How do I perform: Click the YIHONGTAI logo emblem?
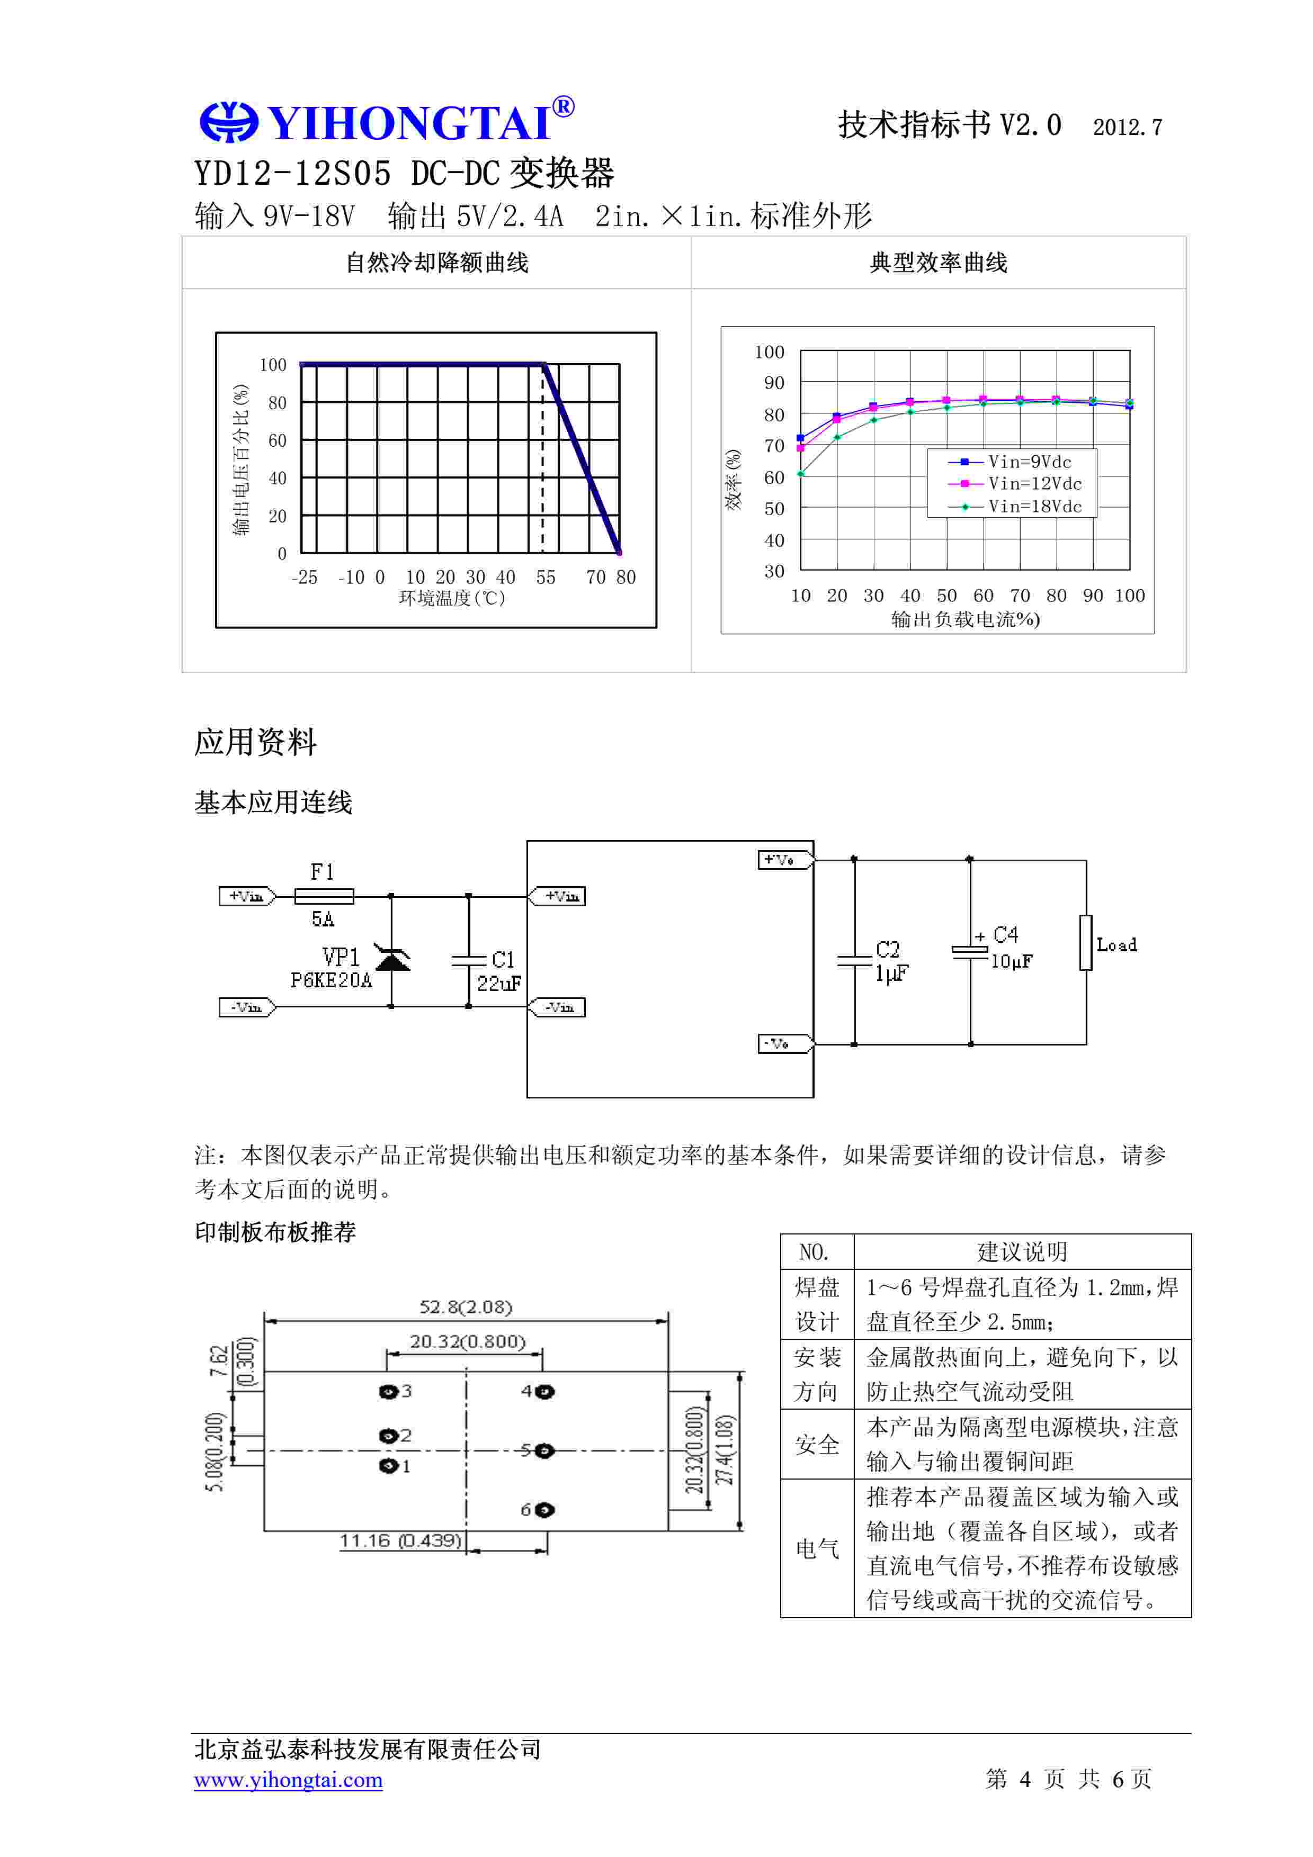pos(228,122)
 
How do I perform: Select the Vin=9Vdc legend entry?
pos(1011,462)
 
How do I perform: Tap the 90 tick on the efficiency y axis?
pos(774,383)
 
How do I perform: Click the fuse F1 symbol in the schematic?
pos(324,896)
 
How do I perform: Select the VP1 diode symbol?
pos(392,959)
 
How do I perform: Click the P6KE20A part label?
pos(331,980)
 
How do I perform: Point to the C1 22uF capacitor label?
pos(499,971)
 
